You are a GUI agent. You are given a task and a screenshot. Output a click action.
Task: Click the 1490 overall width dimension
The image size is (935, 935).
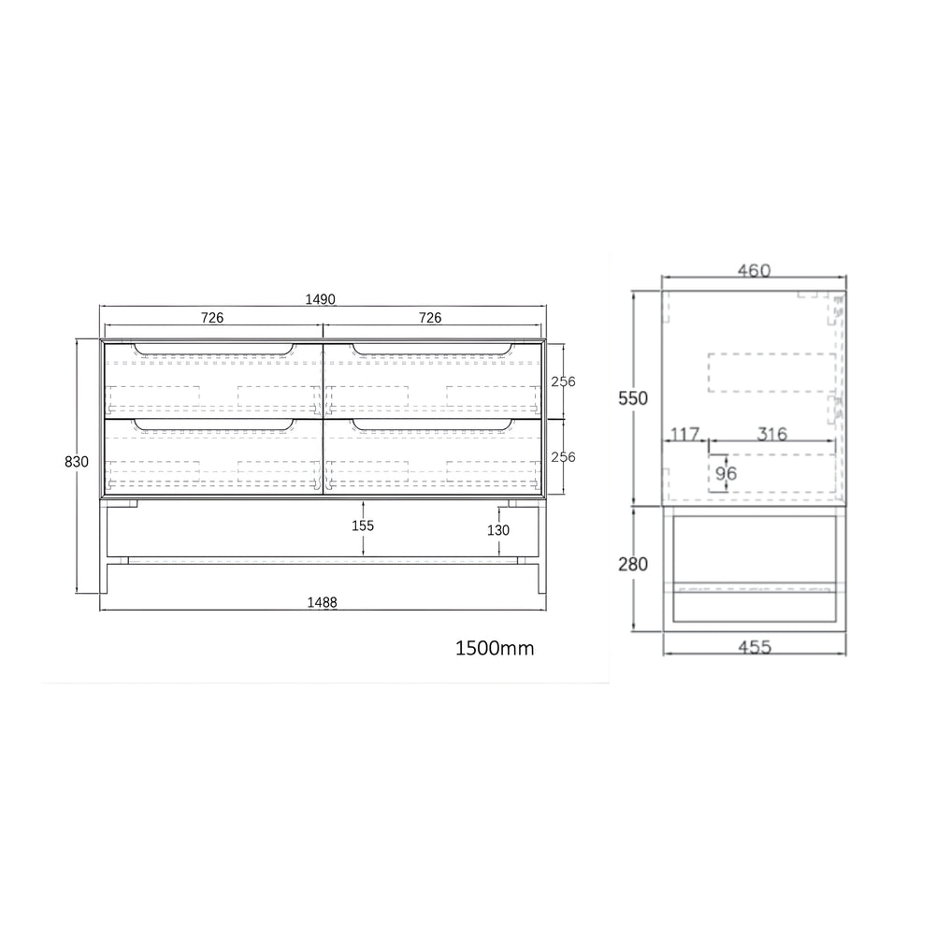[x=320, y=299]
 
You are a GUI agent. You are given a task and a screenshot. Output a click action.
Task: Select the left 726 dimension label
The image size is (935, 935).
[x=212, y=318]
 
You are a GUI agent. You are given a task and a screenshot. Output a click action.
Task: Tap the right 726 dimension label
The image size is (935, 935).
[x=430, y=318]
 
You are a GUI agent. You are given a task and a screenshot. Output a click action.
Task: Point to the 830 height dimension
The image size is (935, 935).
[x=77, y=462]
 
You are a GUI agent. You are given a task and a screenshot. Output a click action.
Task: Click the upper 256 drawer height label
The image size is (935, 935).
[x=564, y=381]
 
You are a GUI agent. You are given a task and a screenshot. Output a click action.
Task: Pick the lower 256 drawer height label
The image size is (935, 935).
[x=564, y=457]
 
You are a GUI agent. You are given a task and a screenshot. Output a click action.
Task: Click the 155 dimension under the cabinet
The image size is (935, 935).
[x=363, y=525]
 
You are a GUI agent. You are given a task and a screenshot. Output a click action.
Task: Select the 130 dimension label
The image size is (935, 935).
[x=498, y=530]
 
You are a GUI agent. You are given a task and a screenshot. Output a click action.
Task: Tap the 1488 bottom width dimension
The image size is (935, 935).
[x=322, y=602]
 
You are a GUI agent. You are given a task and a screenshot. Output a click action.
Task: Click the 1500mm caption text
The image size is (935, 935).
[x=495, y=648]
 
